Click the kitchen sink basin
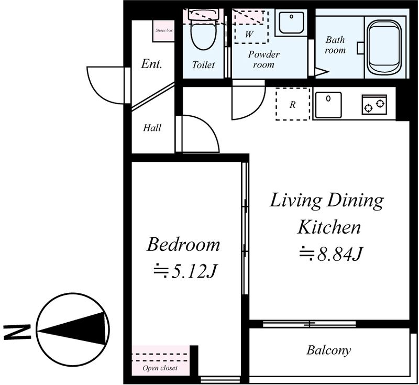[x=328, y=105]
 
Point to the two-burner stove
[x=374, y=104]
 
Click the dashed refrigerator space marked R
[x=293, y=104]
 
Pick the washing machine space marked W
[x=251, y=27]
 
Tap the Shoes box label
[x=164, y=30]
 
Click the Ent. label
[x=151, y=64]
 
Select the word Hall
[x=152, y=128]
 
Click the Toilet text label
[x=203, y=64]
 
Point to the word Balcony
[x=328, y=350]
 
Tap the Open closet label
[x=160, y=368]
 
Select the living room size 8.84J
[x=330, y=254]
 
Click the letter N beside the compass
[x=17, y=332]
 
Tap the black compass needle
[x=72, y=328]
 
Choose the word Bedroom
[x=183, y=245]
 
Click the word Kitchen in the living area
[x=329, y=227]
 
